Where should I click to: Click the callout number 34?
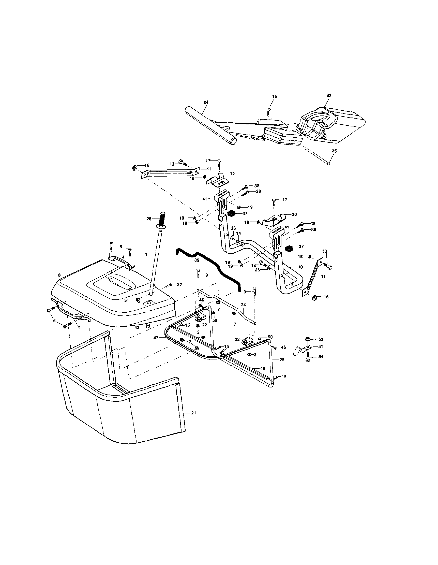click(x=206, y=103)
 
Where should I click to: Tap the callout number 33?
click(x=329, y=95)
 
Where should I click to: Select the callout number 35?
click(x=334, y=151)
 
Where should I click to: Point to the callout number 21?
click(x=193, y=413)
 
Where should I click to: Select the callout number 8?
click(x=59, y=275)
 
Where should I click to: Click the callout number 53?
click(x=321, y=339)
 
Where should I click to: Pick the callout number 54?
click(x=321, y=356)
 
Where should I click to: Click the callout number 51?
click(x=321, y=346)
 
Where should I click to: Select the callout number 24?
click(x=243, y=305)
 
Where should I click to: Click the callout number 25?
click(x=282, y=360)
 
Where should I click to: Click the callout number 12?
click(x=232, y=174)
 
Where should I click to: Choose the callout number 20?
click(x=294, y=214)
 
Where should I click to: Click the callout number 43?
click(x=137, y=327)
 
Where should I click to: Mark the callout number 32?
click(x=179, y=285)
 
